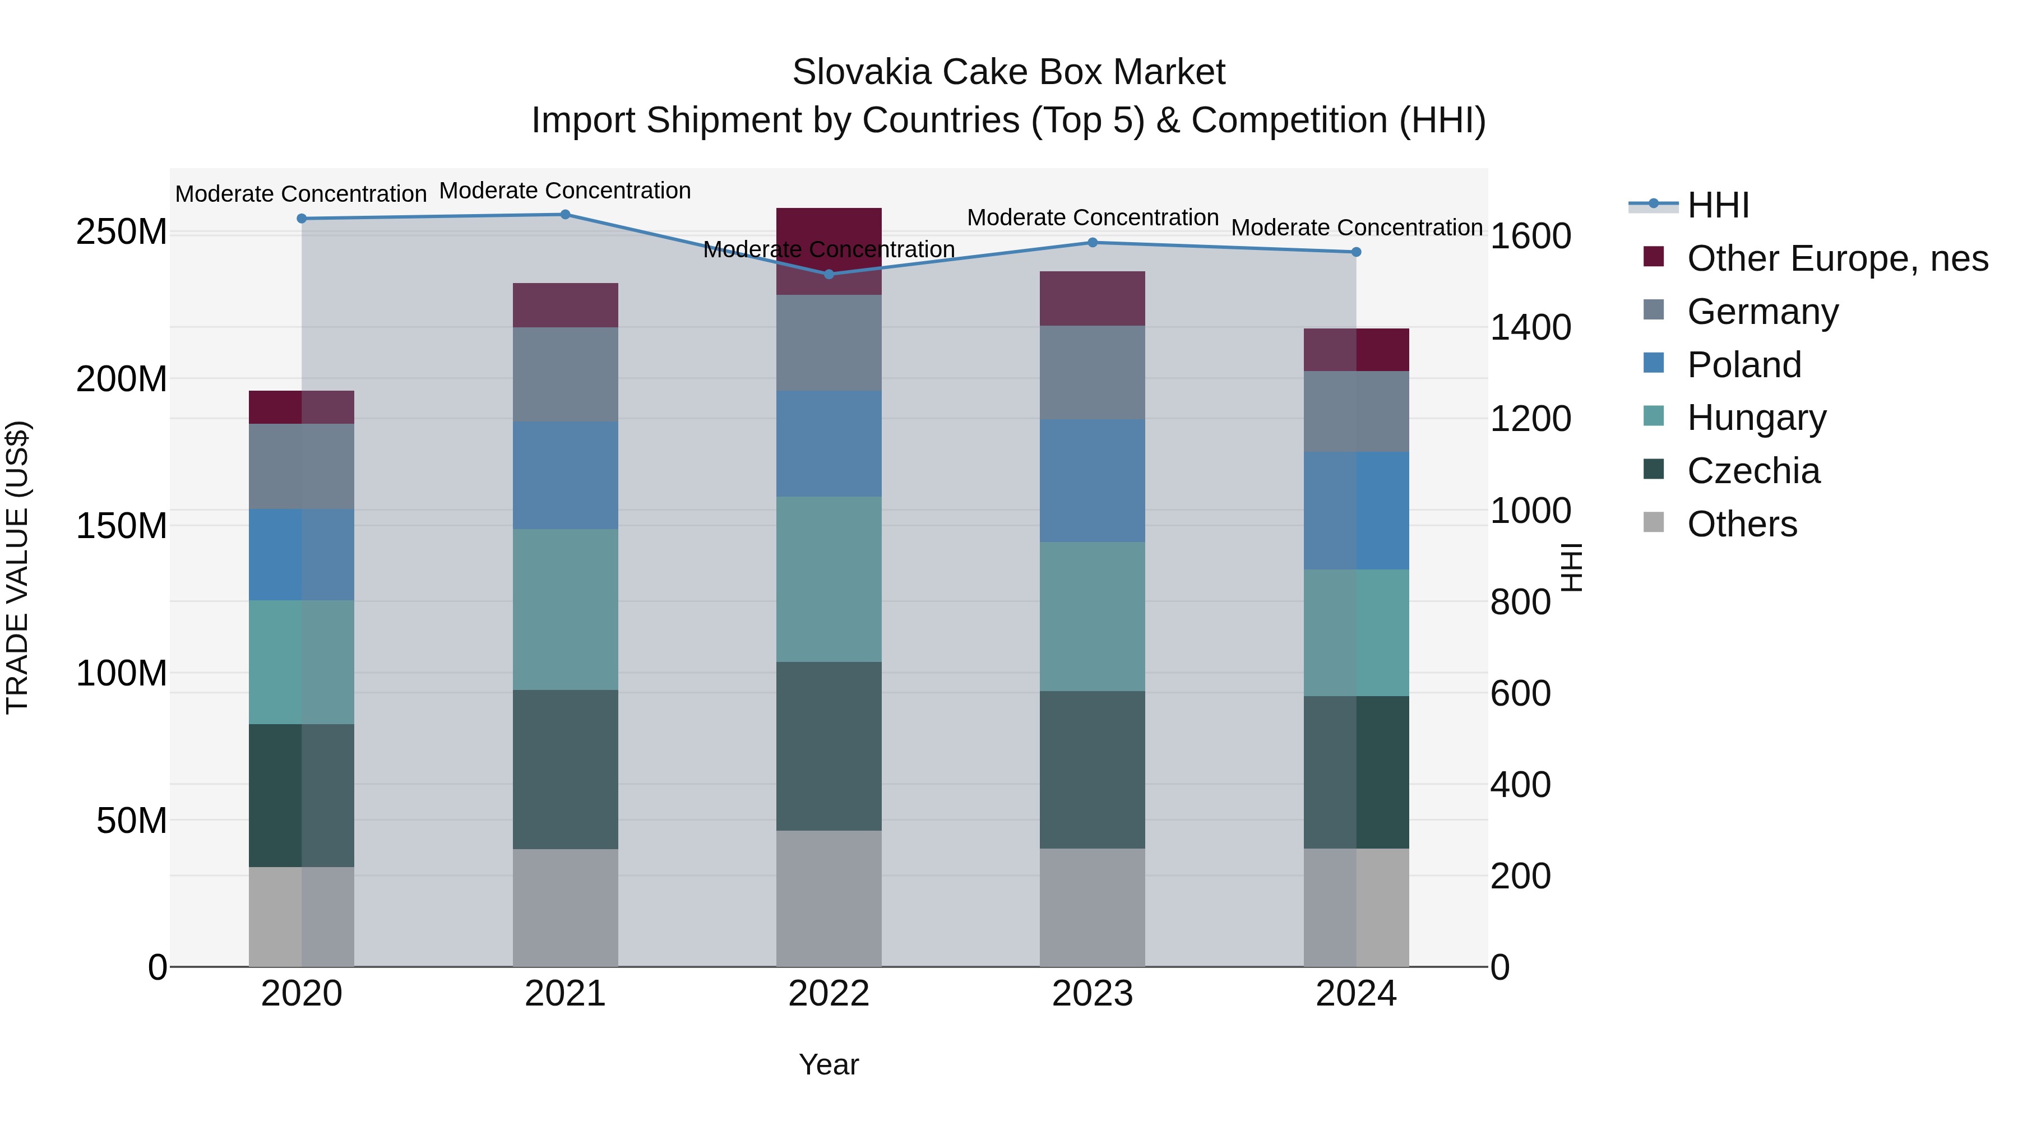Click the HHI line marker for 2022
click(x=829, y=274)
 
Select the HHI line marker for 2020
click(x=302, y=219)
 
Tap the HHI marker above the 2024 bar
click(x=1356, y=252)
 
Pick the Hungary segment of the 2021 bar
click(x=565, y=609)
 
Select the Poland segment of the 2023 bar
click(x=1092, y=480)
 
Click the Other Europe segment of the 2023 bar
click(x=1092, y=298)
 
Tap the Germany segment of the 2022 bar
click(x=829, y=343)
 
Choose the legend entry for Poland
click(x=1744, y=365)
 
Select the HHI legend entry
click(x=1717, y=205)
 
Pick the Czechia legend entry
click(x=1753, y=471)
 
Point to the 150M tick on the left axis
click(x=122, y=526)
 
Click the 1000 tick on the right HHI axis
click(x=1530, y=511)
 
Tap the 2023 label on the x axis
click(x=1092, y=994)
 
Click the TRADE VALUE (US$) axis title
click(x=18, y=567)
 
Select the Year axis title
click(x=829, y=1064)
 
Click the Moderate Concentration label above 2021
click(x=565, y=191)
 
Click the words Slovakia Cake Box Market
click(x=1008, y=72)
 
